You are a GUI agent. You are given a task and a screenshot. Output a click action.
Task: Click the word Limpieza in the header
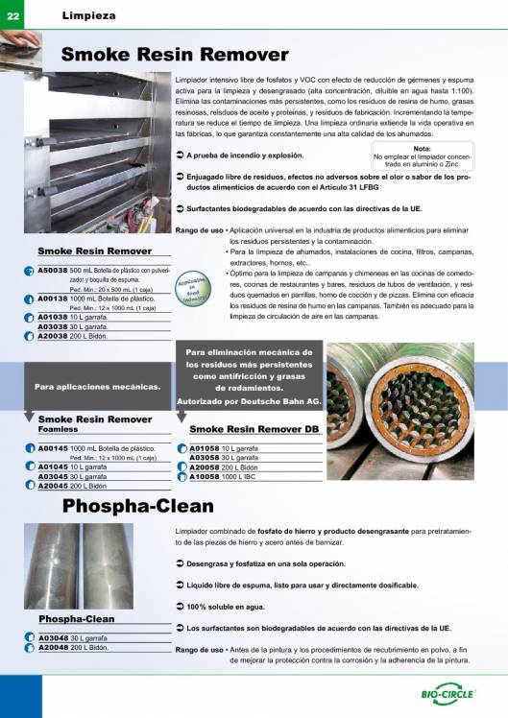[x=89, y=14]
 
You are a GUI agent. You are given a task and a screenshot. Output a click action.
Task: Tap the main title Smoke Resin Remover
[x=175, y=54]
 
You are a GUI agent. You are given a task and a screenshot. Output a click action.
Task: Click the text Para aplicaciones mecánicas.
[x=97, y=387]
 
